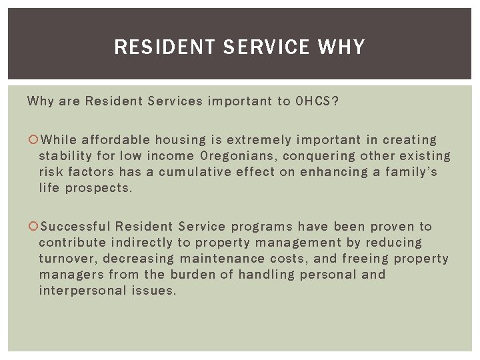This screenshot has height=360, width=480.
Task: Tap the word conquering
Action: tap(321, 156)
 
